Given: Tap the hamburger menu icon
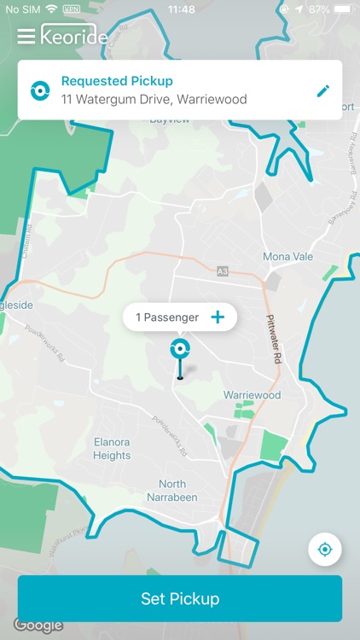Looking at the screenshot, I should (26, 36).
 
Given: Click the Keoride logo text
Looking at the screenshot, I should (75, 37).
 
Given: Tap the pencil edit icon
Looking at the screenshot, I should (322, 90).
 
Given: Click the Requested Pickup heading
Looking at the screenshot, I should (117, 82).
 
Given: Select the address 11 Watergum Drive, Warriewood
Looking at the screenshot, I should (154, 100).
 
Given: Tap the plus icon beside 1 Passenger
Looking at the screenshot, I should (218, 317).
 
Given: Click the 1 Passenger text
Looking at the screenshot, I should (167, 317).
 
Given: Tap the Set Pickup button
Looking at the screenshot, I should (180, 598).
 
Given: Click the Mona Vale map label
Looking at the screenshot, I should (288, 257).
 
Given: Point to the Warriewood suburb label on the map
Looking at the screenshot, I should (252, 396).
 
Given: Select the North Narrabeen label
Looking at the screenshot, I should (172, 491).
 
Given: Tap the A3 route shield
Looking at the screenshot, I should (223, 271).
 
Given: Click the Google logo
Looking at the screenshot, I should (38, 625).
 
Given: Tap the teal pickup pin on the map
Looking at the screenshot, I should (179, 349).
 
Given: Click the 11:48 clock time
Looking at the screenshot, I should (181, 9).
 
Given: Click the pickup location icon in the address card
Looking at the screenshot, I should (39, 90).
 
